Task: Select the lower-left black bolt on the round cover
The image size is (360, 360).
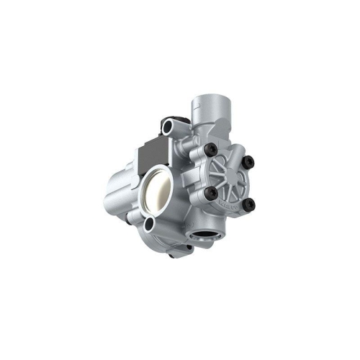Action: pos(212,194)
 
